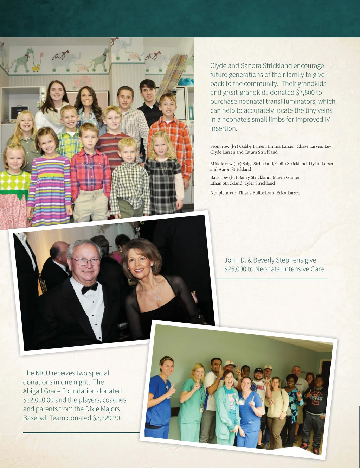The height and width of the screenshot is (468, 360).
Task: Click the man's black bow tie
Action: coord(89,288)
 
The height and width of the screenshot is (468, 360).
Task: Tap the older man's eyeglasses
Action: coord(86,261)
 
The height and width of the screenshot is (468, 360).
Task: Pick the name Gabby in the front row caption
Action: coord(245,146)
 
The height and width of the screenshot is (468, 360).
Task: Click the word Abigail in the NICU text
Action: coord(33,391)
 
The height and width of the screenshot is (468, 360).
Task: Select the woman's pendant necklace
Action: coord(159,298)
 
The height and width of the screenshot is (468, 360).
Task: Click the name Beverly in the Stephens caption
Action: coord(264,260)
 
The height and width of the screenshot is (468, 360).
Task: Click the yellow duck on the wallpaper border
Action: coord(36,68)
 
